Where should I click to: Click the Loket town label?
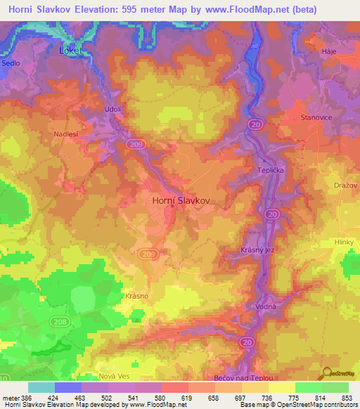point(70,51)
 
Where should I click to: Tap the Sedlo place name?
point(11,63)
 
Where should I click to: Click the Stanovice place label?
point(316,118)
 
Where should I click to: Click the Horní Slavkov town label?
point(181,200)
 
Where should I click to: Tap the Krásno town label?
point(136,296)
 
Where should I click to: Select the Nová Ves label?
point(97,377)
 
